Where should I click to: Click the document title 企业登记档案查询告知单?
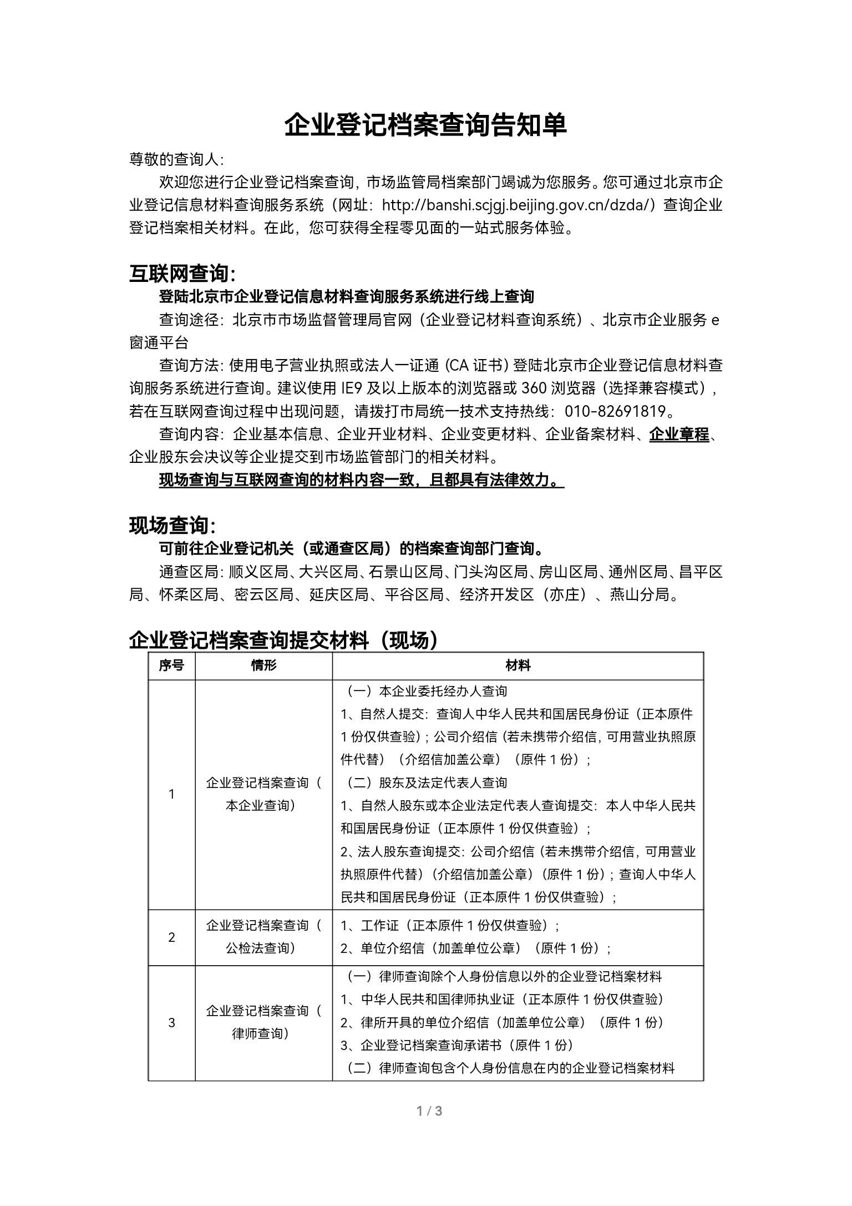point(425,125)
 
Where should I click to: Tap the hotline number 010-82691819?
point(615,411)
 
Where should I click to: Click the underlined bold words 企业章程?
point(679,434)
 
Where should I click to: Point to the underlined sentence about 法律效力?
point(361,480)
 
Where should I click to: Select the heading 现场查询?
point(172,525)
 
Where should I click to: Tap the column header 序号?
point(171,665)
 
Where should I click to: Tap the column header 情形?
point(263,665)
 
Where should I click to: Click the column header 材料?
point(518,665)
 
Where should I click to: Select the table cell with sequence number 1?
point(171,794)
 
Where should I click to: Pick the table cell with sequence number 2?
point(171,937)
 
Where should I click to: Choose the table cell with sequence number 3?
point(171,1022)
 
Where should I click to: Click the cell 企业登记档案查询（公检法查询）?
point(263,937)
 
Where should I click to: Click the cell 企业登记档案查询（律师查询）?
point(263,1022)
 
